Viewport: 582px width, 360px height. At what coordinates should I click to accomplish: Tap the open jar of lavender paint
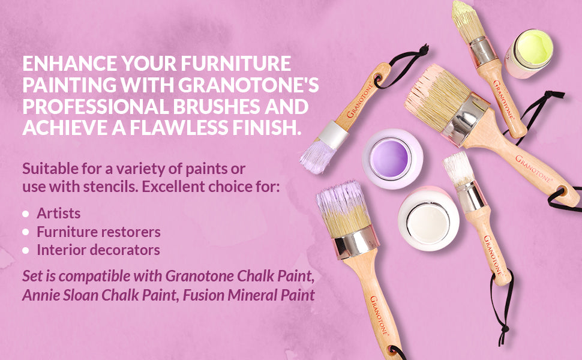point(392,159)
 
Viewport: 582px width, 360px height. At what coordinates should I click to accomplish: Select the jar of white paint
point(428,218)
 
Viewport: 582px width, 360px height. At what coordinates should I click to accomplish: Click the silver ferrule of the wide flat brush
point(467,119)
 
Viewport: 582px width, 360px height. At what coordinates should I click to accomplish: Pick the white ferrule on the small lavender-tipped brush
point(334,134)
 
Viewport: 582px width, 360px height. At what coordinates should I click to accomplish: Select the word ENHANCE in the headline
point(70,63)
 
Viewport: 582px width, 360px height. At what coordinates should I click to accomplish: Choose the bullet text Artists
point(59,214)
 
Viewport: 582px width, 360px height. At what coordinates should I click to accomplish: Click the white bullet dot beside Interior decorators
point(26,250)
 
